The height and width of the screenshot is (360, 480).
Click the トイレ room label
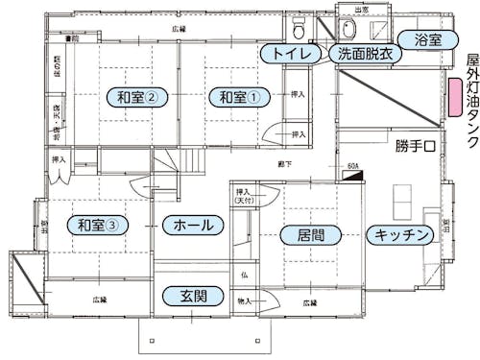(x=291, y=54)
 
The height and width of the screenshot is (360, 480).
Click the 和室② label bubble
(x=137, y=97)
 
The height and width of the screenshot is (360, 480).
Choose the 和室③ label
(x=98, y=225)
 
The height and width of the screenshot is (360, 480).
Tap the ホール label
(x=193, y=225)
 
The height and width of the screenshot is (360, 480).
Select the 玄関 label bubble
(x=194, y=296)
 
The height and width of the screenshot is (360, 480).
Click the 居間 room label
(x=310, y=234)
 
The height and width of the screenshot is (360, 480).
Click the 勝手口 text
(x=416, y=147)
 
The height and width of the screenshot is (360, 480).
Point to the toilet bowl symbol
(x=299, y=26)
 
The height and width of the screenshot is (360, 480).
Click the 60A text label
(x=352, y=167)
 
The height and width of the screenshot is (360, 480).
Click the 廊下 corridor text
(x=285, y=165)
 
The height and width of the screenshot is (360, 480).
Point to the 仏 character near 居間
(x=245, y=276)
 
